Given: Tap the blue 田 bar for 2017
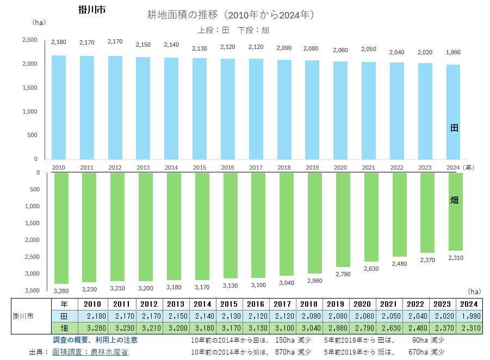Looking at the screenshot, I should pos(257,109).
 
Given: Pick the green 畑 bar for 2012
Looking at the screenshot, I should pos(115,226).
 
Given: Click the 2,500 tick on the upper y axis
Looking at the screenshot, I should pos(29,40).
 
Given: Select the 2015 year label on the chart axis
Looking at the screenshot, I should pos(200,167).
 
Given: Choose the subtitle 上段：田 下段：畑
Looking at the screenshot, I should pos(233,30).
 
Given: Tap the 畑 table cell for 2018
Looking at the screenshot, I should pos(310,328).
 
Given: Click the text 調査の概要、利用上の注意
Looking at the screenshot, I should pos(95,340).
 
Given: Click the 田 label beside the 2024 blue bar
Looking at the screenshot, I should pos(455,128).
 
